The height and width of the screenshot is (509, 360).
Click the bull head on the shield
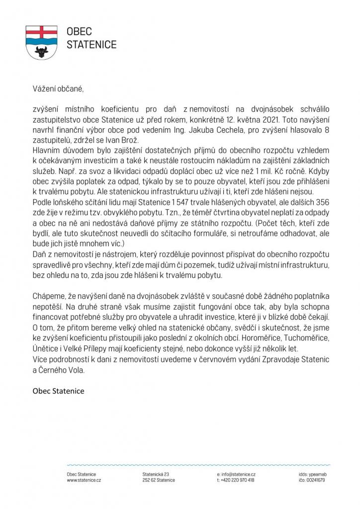click(42, 50)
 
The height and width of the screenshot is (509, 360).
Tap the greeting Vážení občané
click(55, 89)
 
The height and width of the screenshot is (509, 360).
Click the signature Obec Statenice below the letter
click(58, 390)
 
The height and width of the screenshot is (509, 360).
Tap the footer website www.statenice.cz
click(84, 480)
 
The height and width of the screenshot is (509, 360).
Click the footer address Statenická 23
click(156, 474)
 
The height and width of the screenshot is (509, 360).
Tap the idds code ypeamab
click(317, 474)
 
